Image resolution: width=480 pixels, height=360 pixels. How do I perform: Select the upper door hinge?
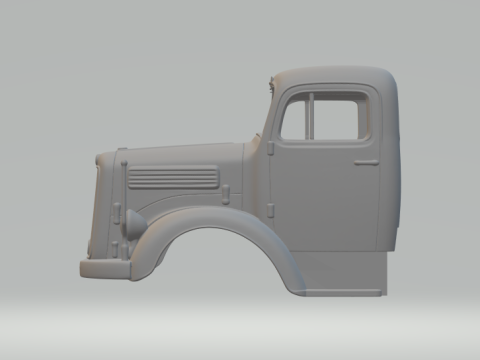coord(271,146)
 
